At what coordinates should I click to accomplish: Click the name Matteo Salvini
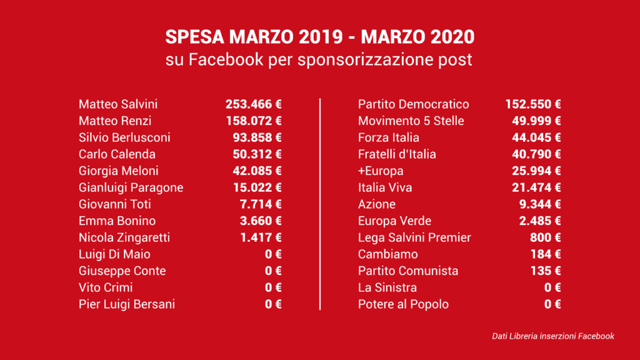(x=118, y=104)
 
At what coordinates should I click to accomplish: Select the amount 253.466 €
(x=254, y=104)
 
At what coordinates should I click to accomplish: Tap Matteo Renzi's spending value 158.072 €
(x=254, y=121)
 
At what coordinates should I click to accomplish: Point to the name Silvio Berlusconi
(x=124, y=137)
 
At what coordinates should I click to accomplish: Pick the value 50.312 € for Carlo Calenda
(x=257, y=154)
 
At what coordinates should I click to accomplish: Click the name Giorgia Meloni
(x=119, y=171)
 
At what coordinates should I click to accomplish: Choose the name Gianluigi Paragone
(x=131, y=187)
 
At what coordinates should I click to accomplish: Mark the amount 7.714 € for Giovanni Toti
(x=261, y=204)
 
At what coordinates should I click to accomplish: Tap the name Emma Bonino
(x=117, y=221)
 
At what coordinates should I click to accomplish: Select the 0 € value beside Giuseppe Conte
(x=273, y=271)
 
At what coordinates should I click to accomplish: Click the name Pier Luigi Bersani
(x=127, y=304)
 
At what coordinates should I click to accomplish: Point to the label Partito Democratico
(x=413, y=104)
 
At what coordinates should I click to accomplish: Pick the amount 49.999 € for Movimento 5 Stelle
(x=536, y=121)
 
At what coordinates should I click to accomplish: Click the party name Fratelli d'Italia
(x=397, y=154)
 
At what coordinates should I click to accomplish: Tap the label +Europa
(x=381, y=171)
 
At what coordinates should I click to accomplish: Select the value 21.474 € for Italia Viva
(x=536, y=187)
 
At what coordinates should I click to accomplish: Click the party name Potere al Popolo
(x=403, y=304)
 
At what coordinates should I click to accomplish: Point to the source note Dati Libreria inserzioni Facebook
(x=553, y=336)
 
